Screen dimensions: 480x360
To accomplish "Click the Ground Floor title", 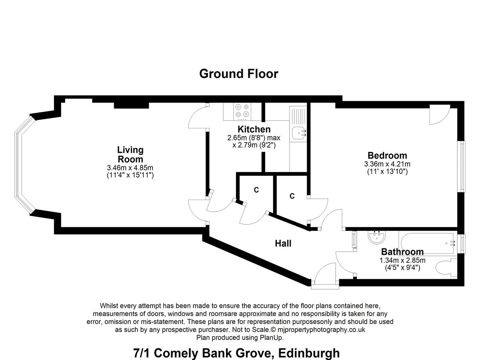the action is (x=238, y=74).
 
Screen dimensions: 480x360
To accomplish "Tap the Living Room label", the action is (x=130, y=154).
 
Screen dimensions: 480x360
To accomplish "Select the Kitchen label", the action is (x=254, y=129).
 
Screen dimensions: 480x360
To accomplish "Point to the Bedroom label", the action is (x=387, y=156).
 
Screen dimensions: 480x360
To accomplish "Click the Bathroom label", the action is (x=402, y=252).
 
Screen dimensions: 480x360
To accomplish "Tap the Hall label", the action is (x=283, y=244).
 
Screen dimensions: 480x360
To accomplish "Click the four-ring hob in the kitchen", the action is (x=242, y=112).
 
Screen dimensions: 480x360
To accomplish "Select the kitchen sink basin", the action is (x=299, y=133).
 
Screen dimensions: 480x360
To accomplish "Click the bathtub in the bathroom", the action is (x=428, y=243).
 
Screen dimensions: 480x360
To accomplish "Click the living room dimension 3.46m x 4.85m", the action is (x=130, y=168).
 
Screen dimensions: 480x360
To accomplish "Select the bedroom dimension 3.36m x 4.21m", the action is (x=387, y=164).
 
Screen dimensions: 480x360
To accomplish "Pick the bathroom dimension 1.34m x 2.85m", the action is (x=402, y=260).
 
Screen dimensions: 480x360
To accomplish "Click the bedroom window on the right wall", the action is (x=462, y=166).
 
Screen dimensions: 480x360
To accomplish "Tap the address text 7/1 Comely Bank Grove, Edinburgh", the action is (x=236, y=353).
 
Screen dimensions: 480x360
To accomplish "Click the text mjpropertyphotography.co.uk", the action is (x=321, y=329).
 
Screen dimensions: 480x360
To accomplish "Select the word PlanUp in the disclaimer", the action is (x=271, y=338).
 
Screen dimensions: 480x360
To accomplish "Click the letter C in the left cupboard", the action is (x=256, y=190).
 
